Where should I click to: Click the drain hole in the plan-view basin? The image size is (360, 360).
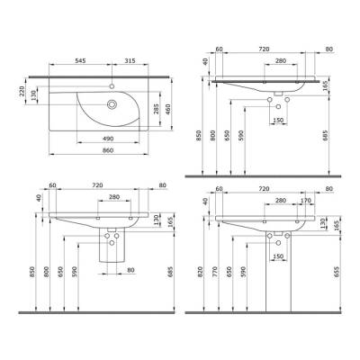tap(112, 103)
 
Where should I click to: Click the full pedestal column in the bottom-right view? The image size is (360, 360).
tap(274, 274)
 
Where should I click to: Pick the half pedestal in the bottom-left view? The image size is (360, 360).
tap(115, 247)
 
